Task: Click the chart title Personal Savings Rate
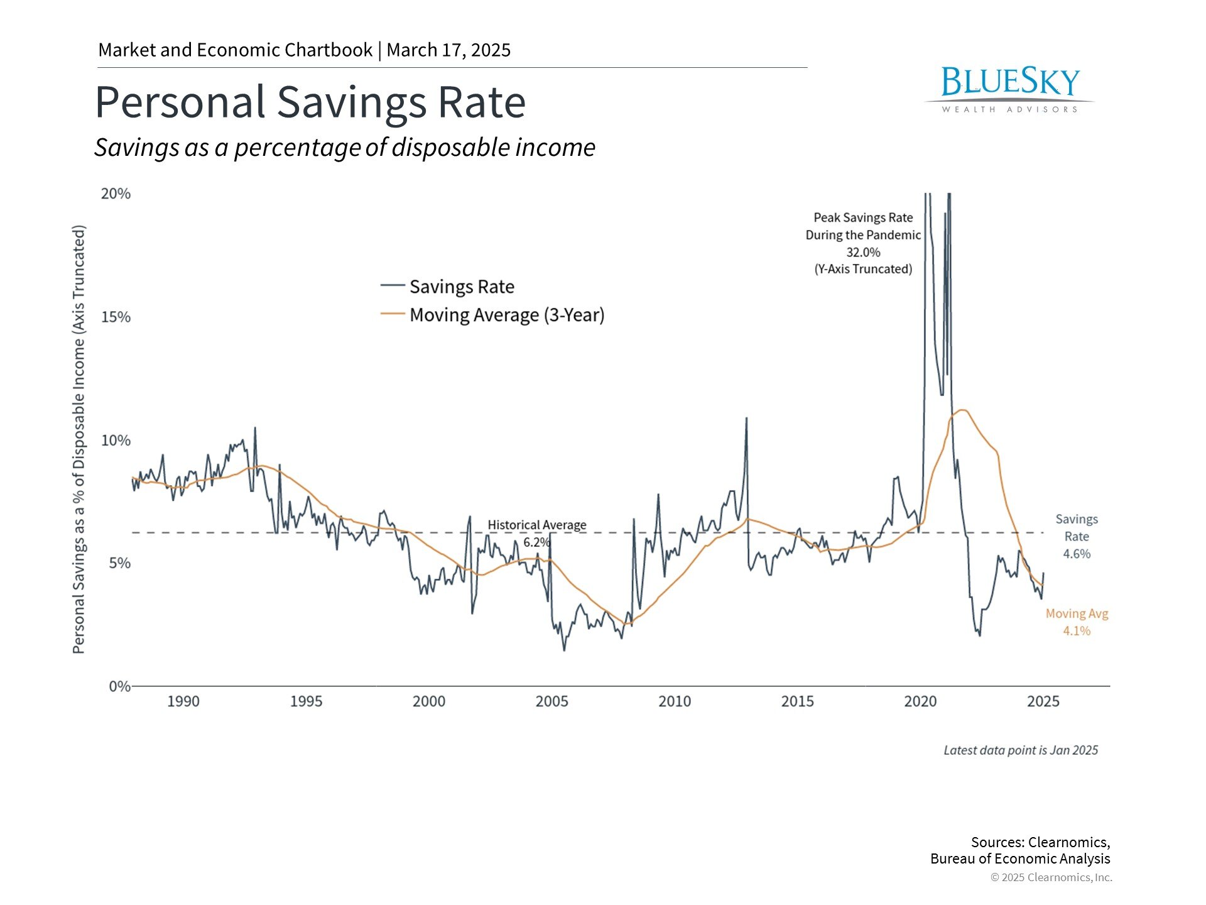[310, 102]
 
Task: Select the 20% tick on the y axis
[116, 194]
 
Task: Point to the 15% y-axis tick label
[116, 317]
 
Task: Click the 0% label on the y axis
[119, 686]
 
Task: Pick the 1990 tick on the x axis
[183, 701]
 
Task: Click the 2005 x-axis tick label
[551, 701]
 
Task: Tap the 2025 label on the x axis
[1043, 701]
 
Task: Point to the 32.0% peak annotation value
[863, 252]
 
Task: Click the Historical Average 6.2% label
[536, 533]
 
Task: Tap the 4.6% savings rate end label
[1077, 554]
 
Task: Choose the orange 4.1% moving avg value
[1077, 630]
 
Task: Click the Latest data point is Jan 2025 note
[1020, 750]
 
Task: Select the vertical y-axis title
[79, 440]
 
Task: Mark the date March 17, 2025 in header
[448, 50]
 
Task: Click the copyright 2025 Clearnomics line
[1051, 877]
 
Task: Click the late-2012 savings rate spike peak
[746, 419]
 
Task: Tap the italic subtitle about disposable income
[345, 148]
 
